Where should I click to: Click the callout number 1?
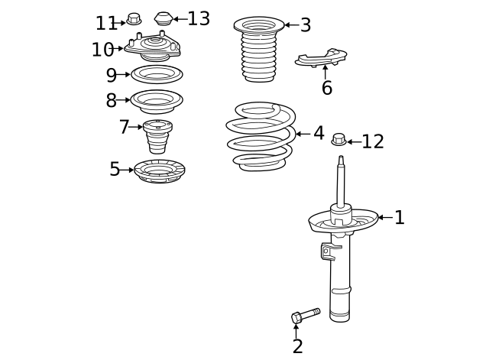click(399, 218)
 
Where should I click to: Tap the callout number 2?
click(297, 346)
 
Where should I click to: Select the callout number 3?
click(306, 25)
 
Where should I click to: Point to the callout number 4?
click(318, 134)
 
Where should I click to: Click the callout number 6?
click(327, 88)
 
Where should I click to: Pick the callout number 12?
click(373, 141)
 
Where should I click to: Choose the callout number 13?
click(199, 19)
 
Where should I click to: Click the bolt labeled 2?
click(305, 315)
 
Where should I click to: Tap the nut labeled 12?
click(339, 140)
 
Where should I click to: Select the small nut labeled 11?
click(134, 18)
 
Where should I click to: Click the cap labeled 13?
click(164, 18)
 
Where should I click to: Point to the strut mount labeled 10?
click(153, 48)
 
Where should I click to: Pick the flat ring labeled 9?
click(157, 74)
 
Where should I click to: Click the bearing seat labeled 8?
click(157, 100)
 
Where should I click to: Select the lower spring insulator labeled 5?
click(160, 170)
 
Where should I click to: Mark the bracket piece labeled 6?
click(322, 57)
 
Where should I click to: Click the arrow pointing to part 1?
click(384, 218)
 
